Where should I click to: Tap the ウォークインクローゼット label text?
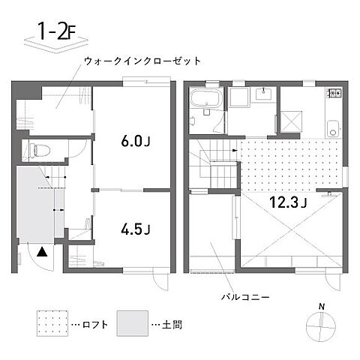[143, 61]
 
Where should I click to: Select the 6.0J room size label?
[136, 140]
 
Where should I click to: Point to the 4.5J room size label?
[136, 227]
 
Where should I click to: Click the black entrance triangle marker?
[43, 253]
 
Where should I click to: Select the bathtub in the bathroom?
[205, 99]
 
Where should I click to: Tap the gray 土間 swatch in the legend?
[132, 324]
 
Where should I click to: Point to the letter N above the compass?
[321, 306]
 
